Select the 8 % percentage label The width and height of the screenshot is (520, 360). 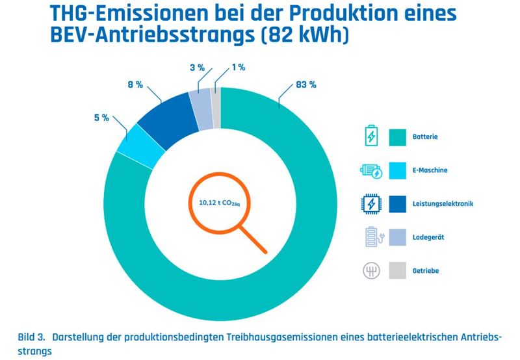[135, 84]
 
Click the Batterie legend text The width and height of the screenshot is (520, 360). [425, 137]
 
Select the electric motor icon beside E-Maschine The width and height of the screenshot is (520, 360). [370, 171]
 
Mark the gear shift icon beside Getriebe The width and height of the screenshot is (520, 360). [370, 270]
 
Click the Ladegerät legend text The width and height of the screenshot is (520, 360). [427, 237]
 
